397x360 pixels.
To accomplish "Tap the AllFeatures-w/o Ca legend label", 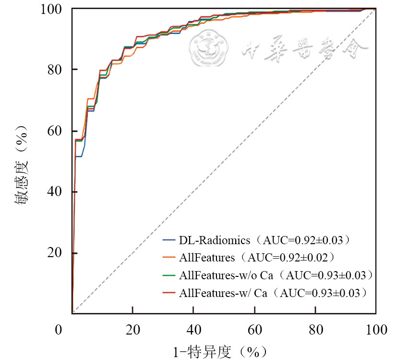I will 276,275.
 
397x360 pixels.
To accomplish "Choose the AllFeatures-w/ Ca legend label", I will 273,292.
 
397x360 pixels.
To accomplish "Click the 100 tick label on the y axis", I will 55,9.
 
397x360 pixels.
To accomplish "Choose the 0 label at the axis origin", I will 58,330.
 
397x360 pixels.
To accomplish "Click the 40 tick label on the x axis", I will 193,330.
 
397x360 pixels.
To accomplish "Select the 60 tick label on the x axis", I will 254,330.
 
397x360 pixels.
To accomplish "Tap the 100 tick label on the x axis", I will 375,330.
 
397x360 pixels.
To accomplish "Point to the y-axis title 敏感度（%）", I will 23,166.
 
